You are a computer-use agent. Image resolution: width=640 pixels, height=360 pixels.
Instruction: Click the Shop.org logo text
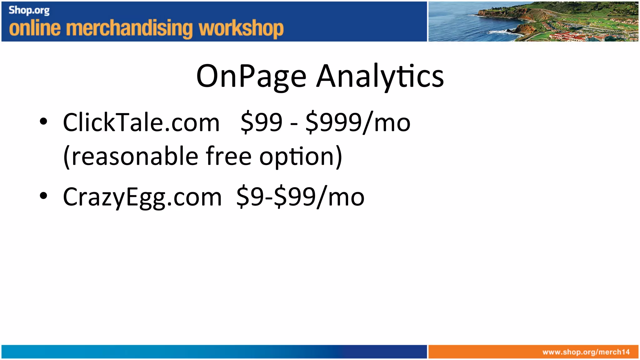(29, 10)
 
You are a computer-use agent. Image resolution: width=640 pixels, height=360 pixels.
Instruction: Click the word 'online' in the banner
(35, 28)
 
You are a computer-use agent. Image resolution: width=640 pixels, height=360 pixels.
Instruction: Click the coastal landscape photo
(533, 22)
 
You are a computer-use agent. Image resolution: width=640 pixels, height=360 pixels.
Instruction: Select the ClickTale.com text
(141, 122)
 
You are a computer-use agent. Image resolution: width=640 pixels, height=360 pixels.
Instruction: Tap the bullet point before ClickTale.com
(43, 121)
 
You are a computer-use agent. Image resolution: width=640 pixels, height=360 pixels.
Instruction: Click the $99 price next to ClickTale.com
(261, 122)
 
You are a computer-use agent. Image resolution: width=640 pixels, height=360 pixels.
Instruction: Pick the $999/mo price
(358, 122)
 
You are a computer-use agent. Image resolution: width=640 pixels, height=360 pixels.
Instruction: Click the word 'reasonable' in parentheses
(131, 156)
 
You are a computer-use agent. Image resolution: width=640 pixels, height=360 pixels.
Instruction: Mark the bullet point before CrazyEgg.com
(43, 196)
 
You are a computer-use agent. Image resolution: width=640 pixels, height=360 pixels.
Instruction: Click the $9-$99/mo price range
(300, 197)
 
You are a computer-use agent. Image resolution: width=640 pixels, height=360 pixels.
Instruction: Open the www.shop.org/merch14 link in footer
(586, 352)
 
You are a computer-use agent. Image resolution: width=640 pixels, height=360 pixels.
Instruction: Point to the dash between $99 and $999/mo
(294, 124)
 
